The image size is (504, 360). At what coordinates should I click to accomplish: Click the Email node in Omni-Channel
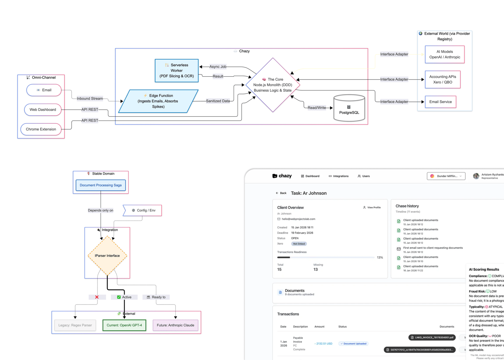[x=44, y=90]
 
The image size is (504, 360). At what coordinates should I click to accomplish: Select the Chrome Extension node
[x=41, y=129]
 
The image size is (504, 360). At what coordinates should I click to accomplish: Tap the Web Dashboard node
[x=42, y=109]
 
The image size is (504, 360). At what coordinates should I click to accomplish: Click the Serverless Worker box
[x=176, y=71]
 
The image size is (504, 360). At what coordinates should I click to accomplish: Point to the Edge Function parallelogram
[x=158, y=101]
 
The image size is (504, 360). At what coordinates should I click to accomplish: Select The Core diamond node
[x=273, y=85]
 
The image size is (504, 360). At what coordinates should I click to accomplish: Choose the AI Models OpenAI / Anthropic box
[x=445, y=54]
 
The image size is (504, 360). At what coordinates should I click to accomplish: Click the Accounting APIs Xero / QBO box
[x=442, y=80]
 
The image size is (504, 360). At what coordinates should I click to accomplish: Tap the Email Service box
[x=440, y=102]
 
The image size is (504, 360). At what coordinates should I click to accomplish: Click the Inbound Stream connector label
[x=90, y=98]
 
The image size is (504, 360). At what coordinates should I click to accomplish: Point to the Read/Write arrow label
[x=317, y=108]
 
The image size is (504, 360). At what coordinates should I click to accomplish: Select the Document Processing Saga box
[x=100, y=185]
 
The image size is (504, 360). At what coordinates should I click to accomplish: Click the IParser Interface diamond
[x=107, y=256]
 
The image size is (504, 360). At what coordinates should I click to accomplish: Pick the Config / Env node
[x=143, y=210]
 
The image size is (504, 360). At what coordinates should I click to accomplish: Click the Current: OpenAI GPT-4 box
[x=124, y=325]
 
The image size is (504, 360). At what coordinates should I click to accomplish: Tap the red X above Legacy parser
[x=97, y=297]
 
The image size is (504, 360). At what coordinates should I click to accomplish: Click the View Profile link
[x=372, y=207]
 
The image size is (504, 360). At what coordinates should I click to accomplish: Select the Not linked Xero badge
[x=299, y=244]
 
